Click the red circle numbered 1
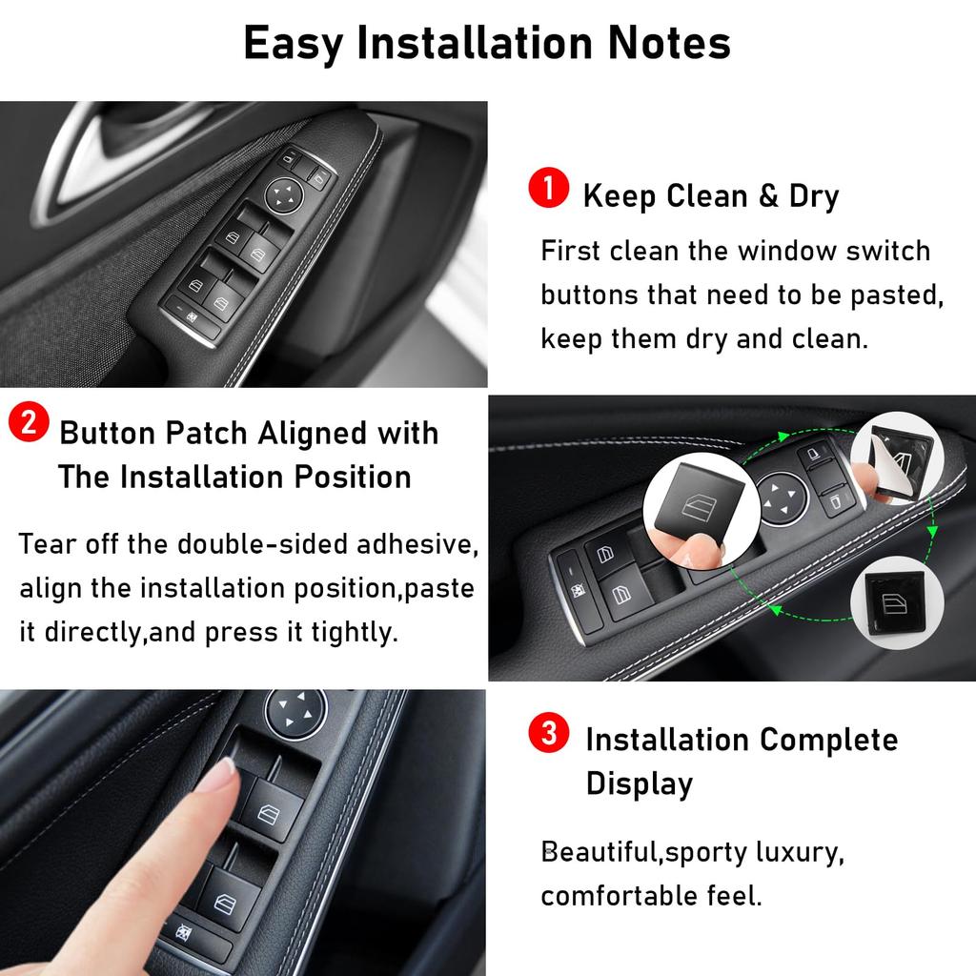(549, 188)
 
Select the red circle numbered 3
(549, 734)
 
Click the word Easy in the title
(294, 43)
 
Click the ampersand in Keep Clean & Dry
(768, 196)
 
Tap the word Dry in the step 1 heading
(814, 197)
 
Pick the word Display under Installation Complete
(639, 783)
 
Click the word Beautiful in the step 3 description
(599, 851)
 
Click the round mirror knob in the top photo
(283, 194)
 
